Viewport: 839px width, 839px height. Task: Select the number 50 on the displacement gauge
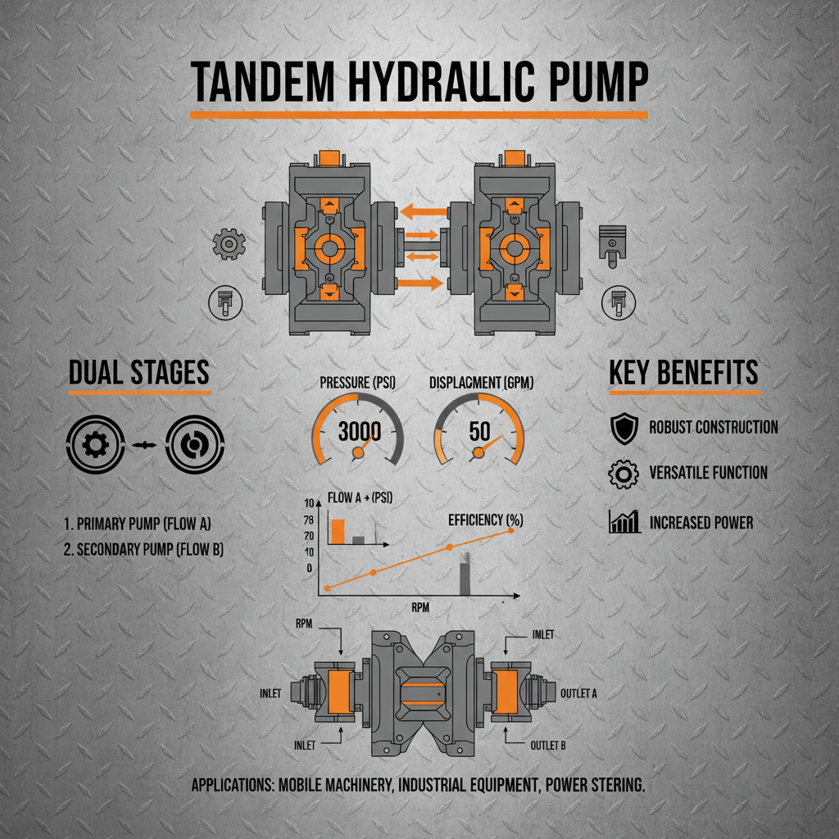point(479,431)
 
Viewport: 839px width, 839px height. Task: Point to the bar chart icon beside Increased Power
point(624,522)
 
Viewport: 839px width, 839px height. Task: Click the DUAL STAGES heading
point(139,373)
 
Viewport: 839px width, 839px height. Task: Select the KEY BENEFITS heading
point(684,373)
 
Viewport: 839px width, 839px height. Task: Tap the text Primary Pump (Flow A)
point(143,522)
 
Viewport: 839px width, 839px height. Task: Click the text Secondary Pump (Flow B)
point(143,550)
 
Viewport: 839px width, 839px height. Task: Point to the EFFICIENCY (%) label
point(485,519)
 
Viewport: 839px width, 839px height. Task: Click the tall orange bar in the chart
point(337,531)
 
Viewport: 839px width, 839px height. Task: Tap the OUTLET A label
point(578,693)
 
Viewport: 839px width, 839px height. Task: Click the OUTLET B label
point(549,746)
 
